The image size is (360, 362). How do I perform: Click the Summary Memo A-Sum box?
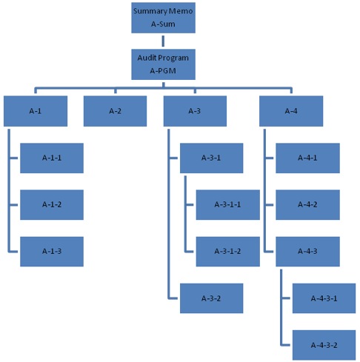[x=163, y=18]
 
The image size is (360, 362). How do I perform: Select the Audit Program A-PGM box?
[x=163, y=64]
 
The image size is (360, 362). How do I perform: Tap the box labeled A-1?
[x=36, y=111]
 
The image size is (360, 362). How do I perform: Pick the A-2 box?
[x=115, y=111]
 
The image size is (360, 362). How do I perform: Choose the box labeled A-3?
[x=195, y=111]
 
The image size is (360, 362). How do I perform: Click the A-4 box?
[x=291, y=111]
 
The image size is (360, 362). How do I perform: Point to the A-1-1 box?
[x=52, y=158]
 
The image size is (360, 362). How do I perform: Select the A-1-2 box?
[x=52, y=204]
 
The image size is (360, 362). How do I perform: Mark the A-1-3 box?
[x=52, y=252]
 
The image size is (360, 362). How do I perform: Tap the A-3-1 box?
[x=211, y=158]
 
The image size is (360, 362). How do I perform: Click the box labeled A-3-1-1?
[x=228, y=204]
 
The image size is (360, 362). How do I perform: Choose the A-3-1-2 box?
[x=228, y=252]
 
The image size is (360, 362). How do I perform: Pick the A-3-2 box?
[x=211, y=298]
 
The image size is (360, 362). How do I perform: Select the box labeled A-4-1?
[x=307, y=158]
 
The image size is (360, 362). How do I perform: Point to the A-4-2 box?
[x=307, y=204]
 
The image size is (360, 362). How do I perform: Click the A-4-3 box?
[x=307, y=252]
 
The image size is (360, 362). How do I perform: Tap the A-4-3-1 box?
[x=324, y=298]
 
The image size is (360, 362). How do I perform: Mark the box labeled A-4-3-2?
[x=324, y=345]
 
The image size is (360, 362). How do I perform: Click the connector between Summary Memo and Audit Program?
[x=163, y=41]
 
